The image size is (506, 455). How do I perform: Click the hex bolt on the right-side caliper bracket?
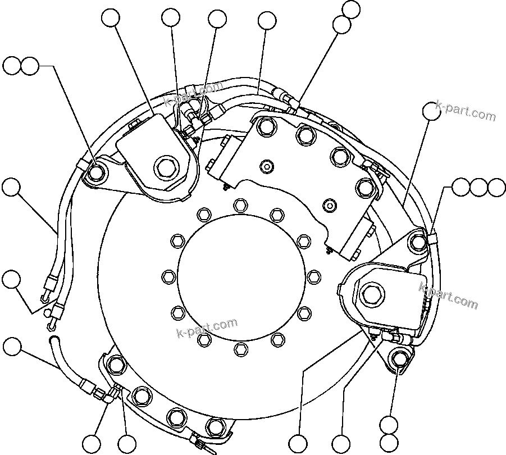pos(371,292)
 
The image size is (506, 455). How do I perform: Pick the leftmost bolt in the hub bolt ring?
pos(167,276)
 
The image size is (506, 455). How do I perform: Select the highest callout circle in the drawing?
pos(351,9)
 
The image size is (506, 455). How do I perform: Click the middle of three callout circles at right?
pos(479,188)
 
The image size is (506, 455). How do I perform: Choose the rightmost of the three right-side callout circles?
pos(496,188)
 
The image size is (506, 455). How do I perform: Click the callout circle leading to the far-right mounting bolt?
pos(432,111)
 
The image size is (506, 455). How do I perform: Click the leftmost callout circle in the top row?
pos(111,18)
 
